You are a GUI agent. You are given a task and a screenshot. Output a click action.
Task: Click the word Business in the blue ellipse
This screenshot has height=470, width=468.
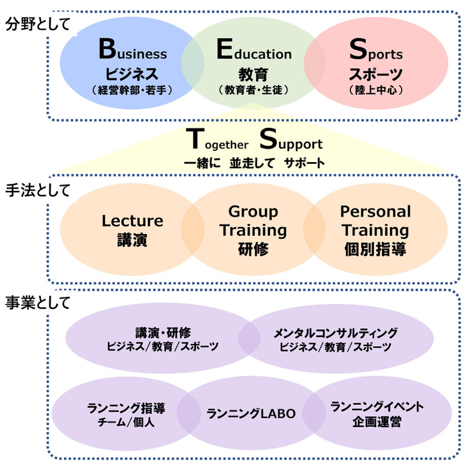pyautogui.click(x=133, y=49)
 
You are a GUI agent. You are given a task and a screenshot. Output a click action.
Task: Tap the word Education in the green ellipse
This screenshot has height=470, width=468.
pyautogui.click(x=254, y=49)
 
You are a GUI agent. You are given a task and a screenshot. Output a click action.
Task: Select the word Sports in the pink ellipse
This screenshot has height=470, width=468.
pyautogui.click(x=376, y=50)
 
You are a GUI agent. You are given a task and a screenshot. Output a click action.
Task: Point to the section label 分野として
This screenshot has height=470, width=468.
pyautogui.click(x=38, y=24)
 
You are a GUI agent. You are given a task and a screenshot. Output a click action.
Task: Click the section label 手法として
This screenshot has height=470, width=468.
pyautogui.click(x=38, y=190)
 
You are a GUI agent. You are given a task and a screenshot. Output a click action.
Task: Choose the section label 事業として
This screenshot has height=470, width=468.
pyautogui.click(x=38, y=303)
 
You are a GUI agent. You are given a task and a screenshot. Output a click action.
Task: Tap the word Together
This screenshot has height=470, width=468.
pyautogui.click(x=217, y=139)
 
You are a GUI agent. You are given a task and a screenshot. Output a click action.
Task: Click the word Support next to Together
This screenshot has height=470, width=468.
pyautogui.click(x=291, y=139)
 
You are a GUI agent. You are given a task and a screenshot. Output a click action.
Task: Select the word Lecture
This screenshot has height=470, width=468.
pyautogui.click(x=132, y=221)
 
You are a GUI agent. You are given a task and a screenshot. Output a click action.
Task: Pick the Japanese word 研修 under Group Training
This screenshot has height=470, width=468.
pyautogui.click(x=253, y=249)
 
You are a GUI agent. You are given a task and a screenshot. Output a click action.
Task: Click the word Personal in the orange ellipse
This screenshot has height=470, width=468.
pyautogui.click(x=376, y=212)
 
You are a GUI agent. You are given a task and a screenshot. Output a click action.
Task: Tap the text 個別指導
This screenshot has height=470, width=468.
pyautogui.click(x=375, y=249)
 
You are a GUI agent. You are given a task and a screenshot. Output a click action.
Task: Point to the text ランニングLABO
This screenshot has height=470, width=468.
pyautogui.click(x=251, y=413)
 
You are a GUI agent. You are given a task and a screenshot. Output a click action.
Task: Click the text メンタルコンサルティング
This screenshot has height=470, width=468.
pyautogui.click(x=336, y=333)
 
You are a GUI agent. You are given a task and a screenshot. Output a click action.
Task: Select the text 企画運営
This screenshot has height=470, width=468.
pyautogui.click(x=377, y=421)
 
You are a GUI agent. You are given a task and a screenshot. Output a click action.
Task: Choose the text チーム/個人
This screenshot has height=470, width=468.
pyautogui.click(x=126, y=423)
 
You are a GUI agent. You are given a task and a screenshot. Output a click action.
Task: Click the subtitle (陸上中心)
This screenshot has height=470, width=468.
pyautogui.click(x=376, y=90)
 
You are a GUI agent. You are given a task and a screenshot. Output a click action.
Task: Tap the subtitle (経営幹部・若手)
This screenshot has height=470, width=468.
pyautogui.click(x=132, y=90)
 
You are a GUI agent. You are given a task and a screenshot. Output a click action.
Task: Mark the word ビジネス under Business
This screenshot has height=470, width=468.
pyautogui.click(x=132, y=74)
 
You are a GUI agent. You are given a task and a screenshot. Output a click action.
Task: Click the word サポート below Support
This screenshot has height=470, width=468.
pyautogui.click(x=304, y=163)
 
